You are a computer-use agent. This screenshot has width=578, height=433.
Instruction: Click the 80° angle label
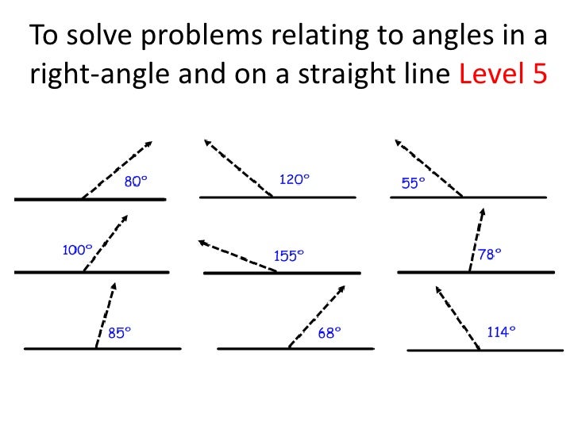(136, 182)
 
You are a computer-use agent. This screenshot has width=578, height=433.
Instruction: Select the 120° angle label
(293, 180)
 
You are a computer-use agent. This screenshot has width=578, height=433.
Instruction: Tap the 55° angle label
(413, 182)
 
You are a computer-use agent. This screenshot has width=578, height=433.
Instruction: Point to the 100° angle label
(77, 250)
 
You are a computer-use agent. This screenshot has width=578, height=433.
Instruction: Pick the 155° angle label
(289, 255)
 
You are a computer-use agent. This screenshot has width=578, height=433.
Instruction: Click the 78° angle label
(490, 254)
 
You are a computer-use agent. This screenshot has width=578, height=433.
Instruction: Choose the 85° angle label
(119, 333)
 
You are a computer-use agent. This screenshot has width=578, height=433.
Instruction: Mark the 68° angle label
(329, 333)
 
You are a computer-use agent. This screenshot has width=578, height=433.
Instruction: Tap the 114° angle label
(501, 332)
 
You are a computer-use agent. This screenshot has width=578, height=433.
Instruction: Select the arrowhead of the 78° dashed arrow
(482, 212)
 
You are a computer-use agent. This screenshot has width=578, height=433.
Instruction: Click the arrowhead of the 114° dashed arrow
(436, 290)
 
